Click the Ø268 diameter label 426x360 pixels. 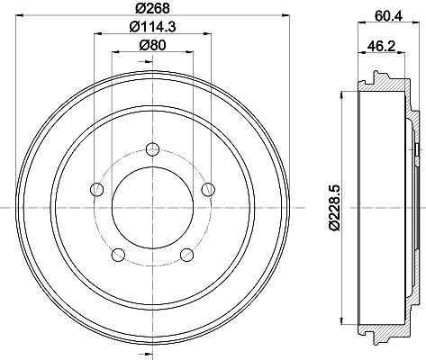pos(152,8)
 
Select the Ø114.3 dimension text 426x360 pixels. pos(152,27)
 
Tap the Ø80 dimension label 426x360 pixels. pos(152,46)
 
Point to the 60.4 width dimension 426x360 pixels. pos(388,15)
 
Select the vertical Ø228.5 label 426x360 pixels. pos(335,208)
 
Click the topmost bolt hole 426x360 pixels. pos(152,149)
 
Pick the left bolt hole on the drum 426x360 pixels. pos(96,189)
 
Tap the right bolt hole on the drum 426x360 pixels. pos(208,189)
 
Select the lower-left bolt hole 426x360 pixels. pos(118,255)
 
